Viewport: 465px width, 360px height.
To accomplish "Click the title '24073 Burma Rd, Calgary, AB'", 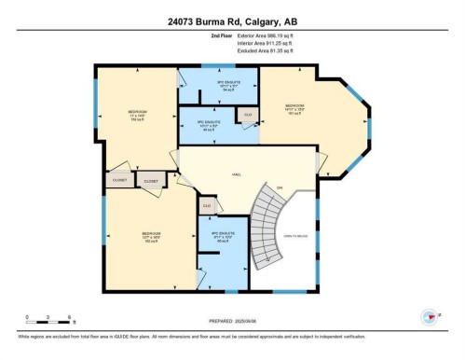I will click(x=231, y=21).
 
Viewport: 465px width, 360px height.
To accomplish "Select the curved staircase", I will click(x=270, y=228).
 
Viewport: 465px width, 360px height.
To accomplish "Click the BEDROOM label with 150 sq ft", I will click(x=137, y=116).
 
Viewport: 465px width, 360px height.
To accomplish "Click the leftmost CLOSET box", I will click(x=118, y=180).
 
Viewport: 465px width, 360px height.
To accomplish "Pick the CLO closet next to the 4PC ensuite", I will click(x=206, y=205).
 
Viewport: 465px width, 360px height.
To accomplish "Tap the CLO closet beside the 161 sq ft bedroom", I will click(x=246, y=115).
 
